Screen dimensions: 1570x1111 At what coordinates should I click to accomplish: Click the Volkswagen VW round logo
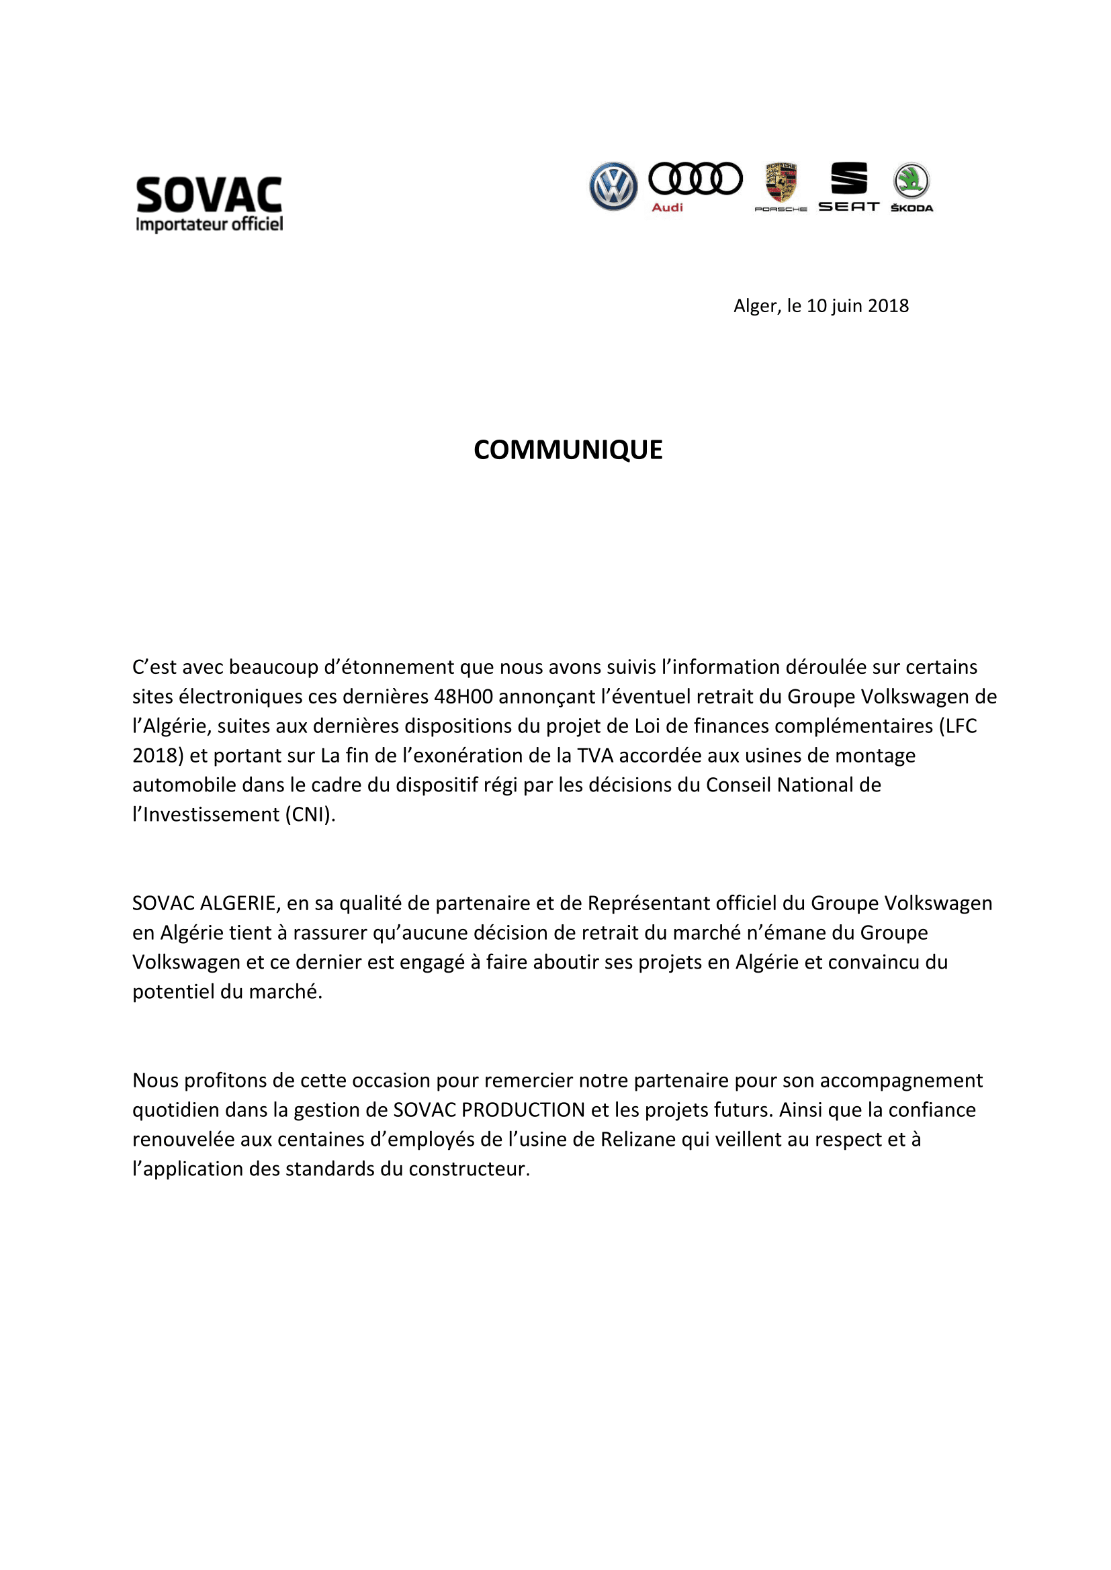[x=613, y=186]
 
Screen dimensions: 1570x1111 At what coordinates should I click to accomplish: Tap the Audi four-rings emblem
[x=695, y=179]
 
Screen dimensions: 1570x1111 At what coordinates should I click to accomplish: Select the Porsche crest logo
[x=781, y=183]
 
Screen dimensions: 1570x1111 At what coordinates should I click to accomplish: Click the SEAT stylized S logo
[x=848, y=179]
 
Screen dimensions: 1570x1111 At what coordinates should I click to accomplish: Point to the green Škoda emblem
[x=912, y=181]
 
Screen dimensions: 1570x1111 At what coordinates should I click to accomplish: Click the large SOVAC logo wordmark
[x=209, y=195]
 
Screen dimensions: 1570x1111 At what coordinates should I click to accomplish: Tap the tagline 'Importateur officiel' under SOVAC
[x=209, y=224]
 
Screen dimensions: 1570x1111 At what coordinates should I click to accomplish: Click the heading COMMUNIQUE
[x=568, y=450]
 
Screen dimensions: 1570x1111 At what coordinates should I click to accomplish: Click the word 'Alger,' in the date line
[x=756, y=305]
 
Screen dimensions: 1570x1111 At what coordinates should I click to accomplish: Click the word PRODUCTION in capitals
[x=523, y=1110]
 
